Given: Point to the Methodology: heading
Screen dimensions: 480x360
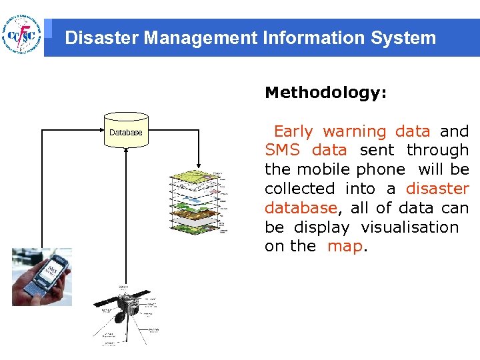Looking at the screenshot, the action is (325, 93).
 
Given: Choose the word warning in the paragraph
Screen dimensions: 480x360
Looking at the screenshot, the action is (354, 131).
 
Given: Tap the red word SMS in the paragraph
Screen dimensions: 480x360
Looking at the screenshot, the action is (283, 151).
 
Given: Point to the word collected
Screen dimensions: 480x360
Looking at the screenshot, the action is (300, 189).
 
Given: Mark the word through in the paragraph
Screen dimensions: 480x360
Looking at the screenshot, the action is (438, 151).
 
